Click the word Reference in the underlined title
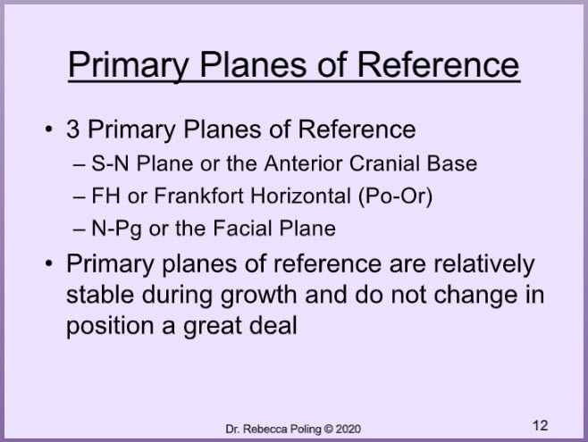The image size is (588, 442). [438, 65]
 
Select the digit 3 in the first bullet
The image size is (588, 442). [72, 129]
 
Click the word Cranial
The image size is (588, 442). [384, 163]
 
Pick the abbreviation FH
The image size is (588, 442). [105, 196]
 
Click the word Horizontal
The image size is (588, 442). [300, 196]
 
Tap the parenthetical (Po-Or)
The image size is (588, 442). [395, 196]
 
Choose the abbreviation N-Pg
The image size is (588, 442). [116, 229]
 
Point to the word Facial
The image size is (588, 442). [243, 228]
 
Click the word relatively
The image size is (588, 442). [484, 264]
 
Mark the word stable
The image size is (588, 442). [100, 295]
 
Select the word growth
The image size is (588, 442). [259, 296]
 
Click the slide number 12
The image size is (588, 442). [540, 426]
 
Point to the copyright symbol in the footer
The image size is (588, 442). [328, 429]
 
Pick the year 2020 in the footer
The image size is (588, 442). [348, 429]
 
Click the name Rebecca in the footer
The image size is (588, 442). [262, 429]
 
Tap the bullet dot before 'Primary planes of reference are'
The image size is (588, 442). [49, 263]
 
